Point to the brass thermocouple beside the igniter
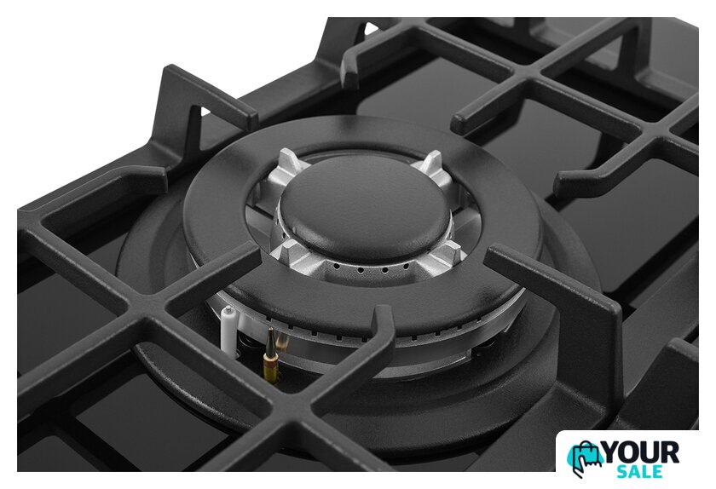coord(270,354)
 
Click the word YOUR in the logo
coord(641,453)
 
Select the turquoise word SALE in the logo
coord(639,471)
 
